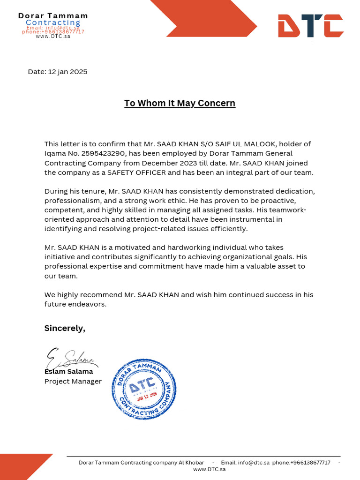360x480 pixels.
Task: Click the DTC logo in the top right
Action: click(x=310, y=26)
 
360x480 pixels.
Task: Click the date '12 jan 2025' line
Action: click(x=58, y=72)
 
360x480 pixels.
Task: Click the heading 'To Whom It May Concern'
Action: click(x=180, y=103)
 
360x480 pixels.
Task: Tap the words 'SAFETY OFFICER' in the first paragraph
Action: click(x=137, y=172)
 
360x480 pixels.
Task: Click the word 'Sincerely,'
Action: click(x=65, y=328)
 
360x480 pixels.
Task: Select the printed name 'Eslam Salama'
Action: click(x=68, y=372)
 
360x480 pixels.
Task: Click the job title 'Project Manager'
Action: click(x=73, y=381)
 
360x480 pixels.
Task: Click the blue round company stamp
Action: click(x=144, y=389)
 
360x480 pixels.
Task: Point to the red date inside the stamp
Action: click(x=147, y=396)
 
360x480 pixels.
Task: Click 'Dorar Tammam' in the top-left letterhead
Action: click(x=53, y=16)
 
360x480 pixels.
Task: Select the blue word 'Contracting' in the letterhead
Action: click(x=53, y=22)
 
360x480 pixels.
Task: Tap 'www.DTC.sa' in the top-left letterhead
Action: click(x=53, y=36)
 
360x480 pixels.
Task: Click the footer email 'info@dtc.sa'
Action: click(x=254, y=463)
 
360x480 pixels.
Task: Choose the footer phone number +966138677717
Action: click(x=310, y=463)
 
